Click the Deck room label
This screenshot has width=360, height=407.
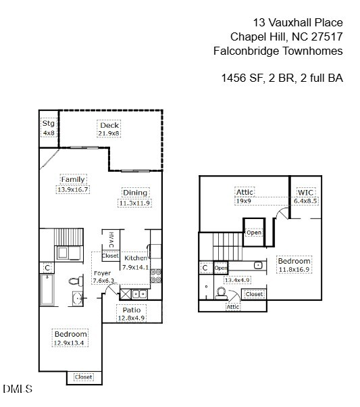109,125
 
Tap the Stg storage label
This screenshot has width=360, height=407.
48,123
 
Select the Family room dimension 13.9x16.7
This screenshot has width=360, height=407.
73,189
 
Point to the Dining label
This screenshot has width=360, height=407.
134,193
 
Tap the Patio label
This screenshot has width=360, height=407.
131,310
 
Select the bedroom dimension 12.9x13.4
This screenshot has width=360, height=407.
71,343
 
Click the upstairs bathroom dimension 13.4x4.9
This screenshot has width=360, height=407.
237,280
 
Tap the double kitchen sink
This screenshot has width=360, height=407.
140,293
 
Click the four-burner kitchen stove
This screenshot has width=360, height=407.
155,275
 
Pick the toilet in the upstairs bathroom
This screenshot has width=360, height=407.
220,293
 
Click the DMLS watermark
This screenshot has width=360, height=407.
17,389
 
